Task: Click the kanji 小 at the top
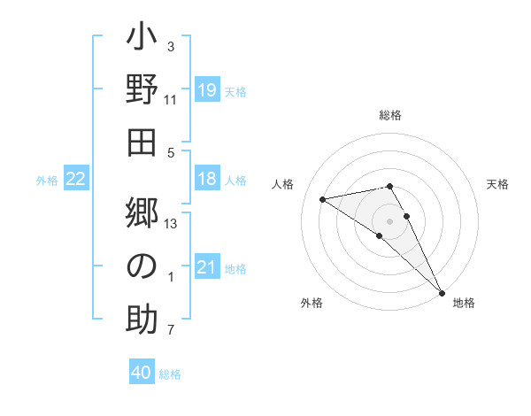pos(142,40)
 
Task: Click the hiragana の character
pos(142,265)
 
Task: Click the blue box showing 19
pos(207,90)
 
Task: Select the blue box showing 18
pos(207,180)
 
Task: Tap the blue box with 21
pos(207,268)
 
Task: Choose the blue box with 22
pos(76,180)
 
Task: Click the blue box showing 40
pos(142,374)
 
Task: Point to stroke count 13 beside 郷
pos(171,223)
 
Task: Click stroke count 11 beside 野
pos(171,100)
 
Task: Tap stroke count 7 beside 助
pos(171,331)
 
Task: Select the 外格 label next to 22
pos(47,181)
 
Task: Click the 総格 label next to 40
pos(170,374)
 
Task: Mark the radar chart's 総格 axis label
pos(390,115)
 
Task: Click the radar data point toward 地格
pos(442,292)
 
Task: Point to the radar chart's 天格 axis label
pos(498,184)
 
